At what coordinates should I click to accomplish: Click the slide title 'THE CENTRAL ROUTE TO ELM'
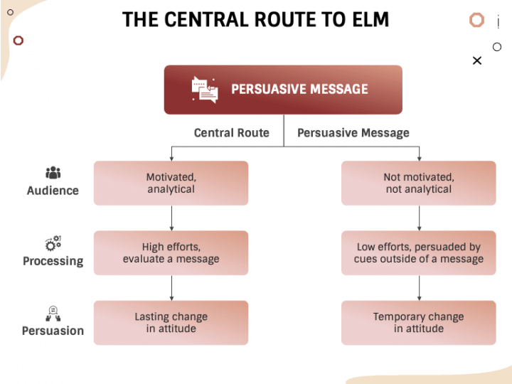click(x=255, y=19)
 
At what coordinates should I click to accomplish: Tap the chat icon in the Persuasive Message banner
click(x=204, y=90)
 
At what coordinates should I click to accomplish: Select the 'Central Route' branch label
click(x=231, y=132)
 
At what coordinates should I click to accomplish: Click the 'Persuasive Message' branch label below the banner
click(x=353, y=132)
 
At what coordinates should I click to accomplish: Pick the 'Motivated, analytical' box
click(x=171, y=183)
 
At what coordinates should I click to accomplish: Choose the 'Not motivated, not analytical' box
click(x=418, y=183)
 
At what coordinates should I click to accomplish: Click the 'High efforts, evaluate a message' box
click(x=171, y=252)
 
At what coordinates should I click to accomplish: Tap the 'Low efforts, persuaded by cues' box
click(x=418, y=252)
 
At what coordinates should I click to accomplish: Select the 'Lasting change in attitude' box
click(x=171, y=322)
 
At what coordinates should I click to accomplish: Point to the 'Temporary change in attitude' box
click(x=418, y=322)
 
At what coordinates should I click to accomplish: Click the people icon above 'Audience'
click(x=53, y=173)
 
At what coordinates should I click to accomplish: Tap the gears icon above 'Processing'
click(x=53, y=243)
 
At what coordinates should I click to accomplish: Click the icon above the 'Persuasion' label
click(x=53, y=313)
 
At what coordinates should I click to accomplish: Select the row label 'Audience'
click(x=53, y=191)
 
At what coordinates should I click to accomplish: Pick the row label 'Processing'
click(x=53, y=261)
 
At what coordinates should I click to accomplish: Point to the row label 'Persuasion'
click(x=53, y=331)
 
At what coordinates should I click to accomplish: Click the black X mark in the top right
click(x=477, y=60)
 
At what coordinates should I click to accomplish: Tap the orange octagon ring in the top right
click(x=476, y=20)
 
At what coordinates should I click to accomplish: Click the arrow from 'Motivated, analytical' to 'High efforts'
click(x=171, y=218)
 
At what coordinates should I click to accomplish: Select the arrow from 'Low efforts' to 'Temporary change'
click(x=419, y=287)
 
